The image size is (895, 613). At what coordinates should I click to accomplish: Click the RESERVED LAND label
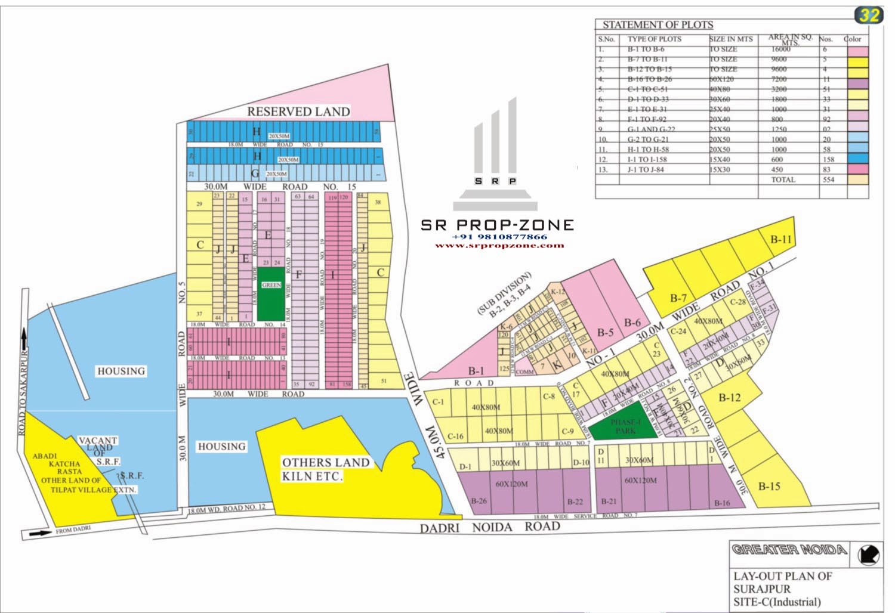click(x=298, y=112)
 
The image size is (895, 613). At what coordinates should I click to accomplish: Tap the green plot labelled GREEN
click(x=271, y=292)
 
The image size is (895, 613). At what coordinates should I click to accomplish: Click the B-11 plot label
click(x=780, y=240)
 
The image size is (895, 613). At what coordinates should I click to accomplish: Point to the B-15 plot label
click(x=769, y=486)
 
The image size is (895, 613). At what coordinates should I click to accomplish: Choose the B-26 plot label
click(x=479, y=501)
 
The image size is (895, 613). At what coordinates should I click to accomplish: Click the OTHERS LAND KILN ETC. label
click(x=325, y=469)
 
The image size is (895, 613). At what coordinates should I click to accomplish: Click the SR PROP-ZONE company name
click(x=497, y=225)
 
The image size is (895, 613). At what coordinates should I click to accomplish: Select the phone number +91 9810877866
click(x=499, y=237)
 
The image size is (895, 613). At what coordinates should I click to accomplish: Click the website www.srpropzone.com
click(x=499, y=245)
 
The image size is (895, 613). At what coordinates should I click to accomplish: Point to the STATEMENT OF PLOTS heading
click(x=658, y=25)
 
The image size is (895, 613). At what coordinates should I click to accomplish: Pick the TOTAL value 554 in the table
click(x=828, y=179)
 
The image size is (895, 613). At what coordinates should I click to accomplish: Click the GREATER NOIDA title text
click(x=789, y=549)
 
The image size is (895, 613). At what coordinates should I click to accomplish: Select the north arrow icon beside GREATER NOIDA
click(x=868, y=555)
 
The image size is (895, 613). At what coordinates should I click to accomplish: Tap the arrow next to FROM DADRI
click(x=39, y=534)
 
